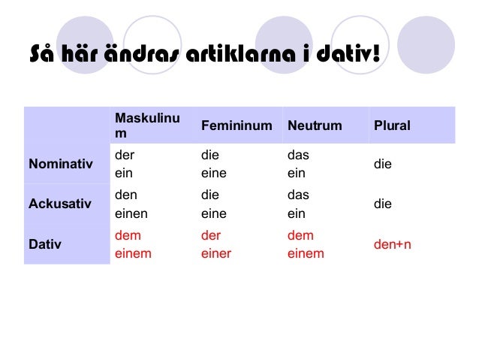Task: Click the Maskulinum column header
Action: click(147, 126)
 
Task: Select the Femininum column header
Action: click(236, 126)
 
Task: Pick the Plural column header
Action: click(392, 126)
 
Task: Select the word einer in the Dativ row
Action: click(216, 253)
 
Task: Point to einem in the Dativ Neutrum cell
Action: click(306, 253)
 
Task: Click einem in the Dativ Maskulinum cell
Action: click(133, 253)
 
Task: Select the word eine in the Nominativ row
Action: click(213, 172)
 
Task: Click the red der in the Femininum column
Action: click(210, 235)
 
